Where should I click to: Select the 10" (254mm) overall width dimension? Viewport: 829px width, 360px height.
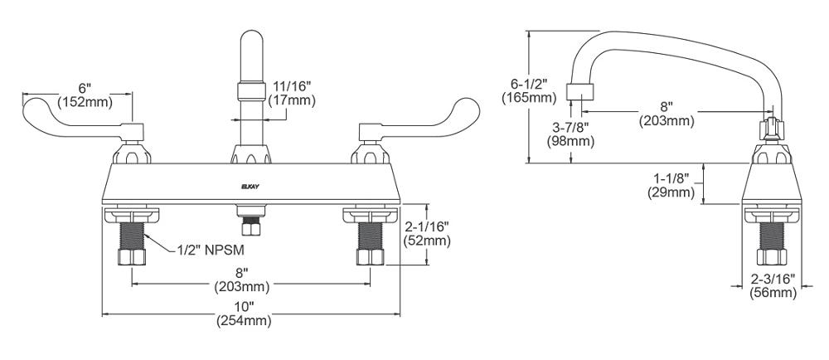(244, 313)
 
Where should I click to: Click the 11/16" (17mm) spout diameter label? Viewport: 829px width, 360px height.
(291, 93)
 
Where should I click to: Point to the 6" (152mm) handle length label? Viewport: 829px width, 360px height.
(85, 95)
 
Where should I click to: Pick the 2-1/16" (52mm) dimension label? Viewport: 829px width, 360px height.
(427, 234)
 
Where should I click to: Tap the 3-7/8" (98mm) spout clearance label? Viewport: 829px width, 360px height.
(570, 134)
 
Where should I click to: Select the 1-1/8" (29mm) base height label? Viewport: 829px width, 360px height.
(671, 186)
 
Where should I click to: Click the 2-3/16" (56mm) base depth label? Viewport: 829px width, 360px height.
(773, 286)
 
